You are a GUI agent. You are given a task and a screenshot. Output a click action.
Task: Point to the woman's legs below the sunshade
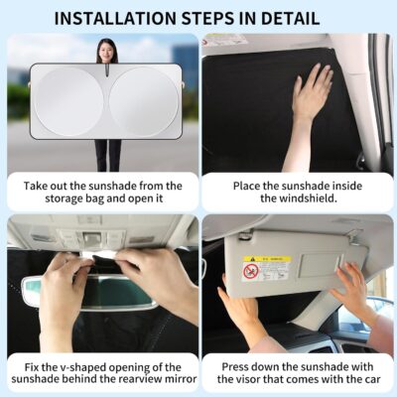(107, 153)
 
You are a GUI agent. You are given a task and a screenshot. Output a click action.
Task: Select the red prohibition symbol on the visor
(252, 270)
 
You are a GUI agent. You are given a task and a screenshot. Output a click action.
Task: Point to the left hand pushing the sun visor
(238, 318)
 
